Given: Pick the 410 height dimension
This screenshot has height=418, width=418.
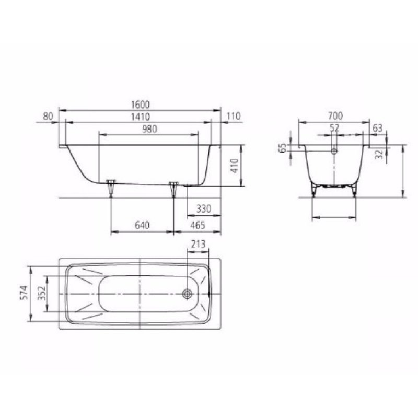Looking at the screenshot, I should pyautogui.click(x=234, y=166).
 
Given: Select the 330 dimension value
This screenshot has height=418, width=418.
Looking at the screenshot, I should pyautogui.click(x=203, y=209).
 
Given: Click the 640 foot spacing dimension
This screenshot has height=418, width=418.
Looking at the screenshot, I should pyautogui.click(x=142, y=225).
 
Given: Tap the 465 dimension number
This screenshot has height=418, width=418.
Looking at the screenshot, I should pyautogui.click(x=196, y=225).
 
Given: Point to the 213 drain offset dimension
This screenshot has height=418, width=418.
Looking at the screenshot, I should pyautogui.click(x=199, y=244).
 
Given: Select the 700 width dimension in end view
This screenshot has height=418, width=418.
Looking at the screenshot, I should pyautogui.click(x=335, y=116).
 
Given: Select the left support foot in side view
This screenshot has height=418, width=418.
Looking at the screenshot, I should pyautogui.click(x=110, y=187).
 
